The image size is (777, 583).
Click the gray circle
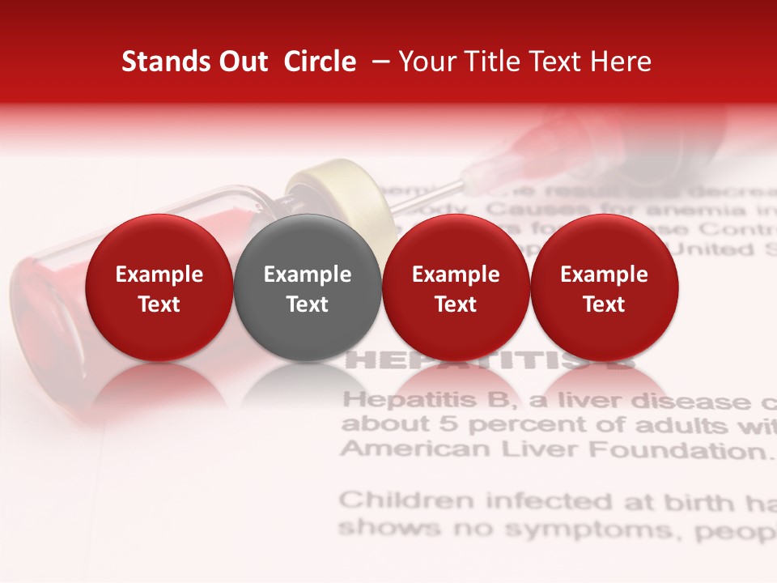(x=307, y=287)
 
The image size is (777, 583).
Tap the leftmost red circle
(x=159, y=287)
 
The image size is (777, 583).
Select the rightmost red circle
(x=604, y=287)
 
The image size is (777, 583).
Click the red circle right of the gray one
(x=456, y=287)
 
